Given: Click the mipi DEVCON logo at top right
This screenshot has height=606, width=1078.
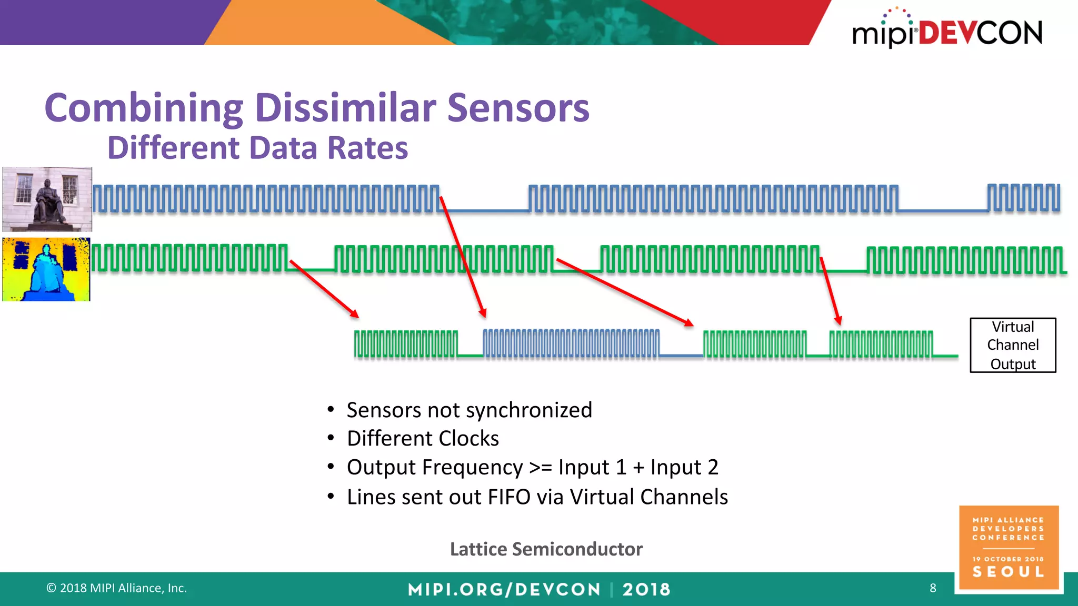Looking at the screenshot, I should pos(947,31).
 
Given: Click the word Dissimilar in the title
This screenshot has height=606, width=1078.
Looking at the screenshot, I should pos(345,108).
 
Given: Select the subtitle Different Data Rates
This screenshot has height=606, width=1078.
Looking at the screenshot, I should pos(257,148).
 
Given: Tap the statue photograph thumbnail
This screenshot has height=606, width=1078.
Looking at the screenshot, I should pos(47,199).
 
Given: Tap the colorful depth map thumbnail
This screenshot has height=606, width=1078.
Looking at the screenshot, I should pos(46,269).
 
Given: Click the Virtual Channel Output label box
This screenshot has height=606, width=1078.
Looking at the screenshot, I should pos(1013,345).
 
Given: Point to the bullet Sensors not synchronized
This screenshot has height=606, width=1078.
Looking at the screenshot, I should pos(469,410).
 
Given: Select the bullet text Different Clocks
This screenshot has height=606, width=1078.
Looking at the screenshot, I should pos(423,439).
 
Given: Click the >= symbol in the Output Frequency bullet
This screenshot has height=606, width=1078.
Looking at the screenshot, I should pos(540,467).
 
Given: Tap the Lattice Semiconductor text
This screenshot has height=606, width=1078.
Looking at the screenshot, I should pos(546,549).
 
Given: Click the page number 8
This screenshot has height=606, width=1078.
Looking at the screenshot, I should pos(933,588).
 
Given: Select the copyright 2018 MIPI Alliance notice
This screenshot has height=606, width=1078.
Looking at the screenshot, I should pos(117,588).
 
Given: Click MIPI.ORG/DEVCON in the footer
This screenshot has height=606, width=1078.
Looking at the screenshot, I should pos(504,589).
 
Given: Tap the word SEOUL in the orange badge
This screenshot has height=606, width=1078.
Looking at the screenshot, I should pos(1008,572).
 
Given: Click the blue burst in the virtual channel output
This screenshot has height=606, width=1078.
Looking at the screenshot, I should pos(571,344).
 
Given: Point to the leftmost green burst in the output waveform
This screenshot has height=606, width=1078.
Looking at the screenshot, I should pos(406,344).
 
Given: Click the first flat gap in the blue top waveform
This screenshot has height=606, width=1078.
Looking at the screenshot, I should pos(484,210).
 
